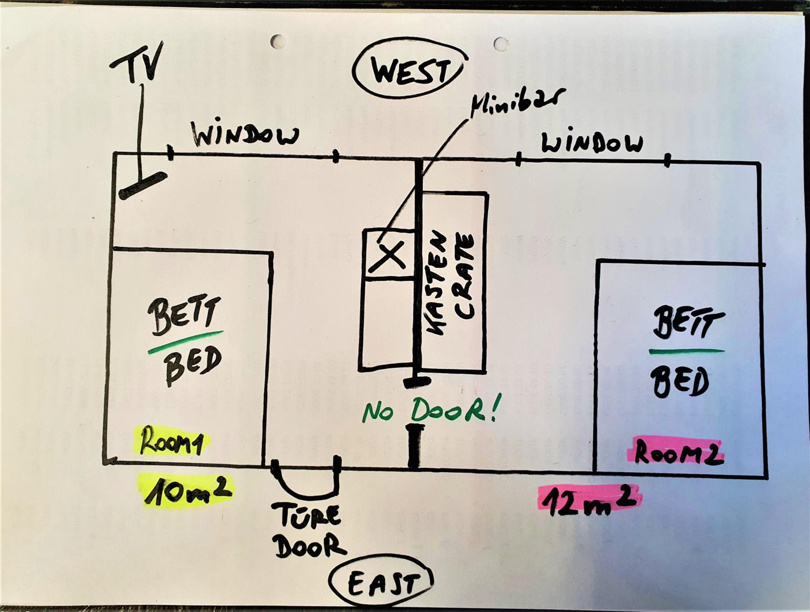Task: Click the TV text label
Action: click(x=136, y=62)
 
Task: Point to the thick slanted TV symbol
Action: click(x=143, y=186)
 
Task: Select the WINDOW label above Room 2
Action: click(x=592, y=143)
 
